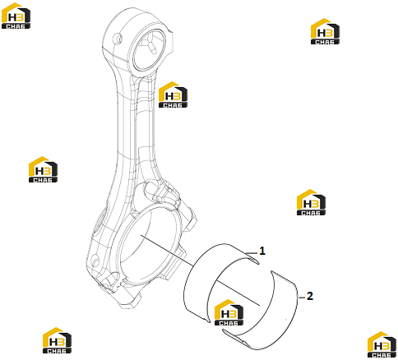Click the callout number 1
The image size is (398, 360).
[262, 251]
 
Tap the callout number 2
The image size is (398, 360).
[309, 296]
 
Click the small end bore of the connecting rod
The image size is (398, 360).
[150, 50]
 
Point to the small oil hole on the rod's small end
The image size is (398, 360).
[118, 38]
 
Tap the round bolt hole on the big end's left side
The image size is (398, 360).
[95, 261]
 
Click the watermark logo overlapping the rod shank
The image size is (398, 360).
[173, 95]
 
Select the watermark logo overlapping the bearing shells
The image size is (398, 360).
[229, 312]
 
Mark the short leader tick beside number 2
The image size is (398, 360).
[302, 298]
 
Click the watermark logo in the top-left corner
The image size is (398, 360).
[16, 16]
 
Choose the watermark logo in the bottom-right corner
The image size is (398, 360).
[382, 345]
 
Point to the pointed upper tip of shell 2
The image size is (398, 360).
[271, 272]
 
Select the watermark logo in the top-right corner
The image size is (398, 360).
[325, 31]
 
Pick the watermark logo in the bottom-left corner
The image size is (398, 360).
[57, 340]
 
